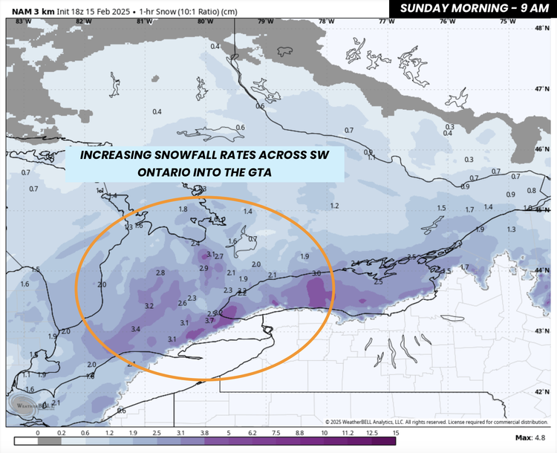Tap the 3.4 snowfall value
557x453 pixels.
click(x=135, y=329)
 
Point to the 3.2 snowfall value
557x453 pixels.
click(x=149, y=306)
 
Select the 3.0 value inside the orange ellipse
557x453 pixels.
click(x=317, y=274)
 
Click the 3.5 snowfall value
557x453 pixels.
click(x=411, y=257)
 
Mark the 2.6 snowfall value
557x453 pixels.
click(x=182, y=303)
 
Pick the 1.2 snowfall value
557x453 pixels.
click(x=334, y=206)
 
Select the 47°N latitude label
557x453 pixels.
click(x=541, y=88)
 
